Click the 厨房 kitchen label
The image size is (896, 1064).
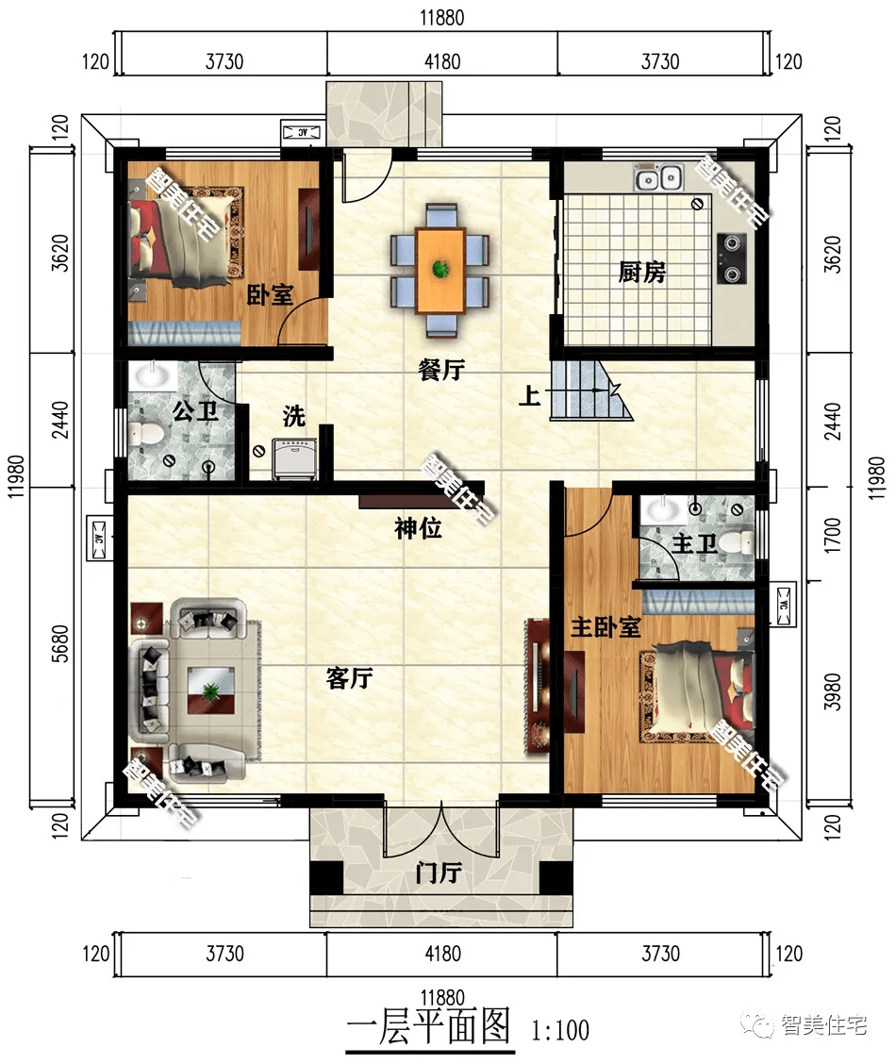coord(641,272)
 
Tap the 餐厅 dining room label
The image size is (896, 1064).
coord(440,370)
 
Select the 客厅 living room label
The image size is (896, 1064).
coord(349,677)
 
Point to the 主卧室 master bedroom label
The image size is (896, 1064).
coord(605,627)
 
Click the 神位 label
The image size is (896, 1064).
coord(418,528)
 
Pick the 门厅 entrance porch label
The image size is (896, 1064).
coord(439,873)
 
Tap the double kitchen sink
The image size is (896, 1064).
coord(658,177)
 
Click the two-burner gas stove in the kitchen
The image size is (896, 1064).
coord(731,258)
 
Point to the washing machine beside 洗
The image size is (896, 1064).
coord(294,459)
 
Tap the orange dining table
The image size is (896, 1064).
coord(440,271)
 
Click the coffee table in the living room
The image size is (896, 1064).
coord(211,690)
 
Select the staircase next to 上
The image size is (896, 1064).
coord(590,391)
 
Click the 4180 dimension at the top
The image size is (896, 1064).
coord(442,61)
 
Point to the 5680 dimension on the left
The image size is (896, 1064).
coord(60,643)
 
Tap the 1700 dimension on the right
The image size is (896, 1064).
coord(832,536)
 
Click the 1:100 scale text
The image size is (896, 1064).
coord(560,1031)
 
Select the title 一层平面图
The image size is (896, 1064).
coord(429,1026)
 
